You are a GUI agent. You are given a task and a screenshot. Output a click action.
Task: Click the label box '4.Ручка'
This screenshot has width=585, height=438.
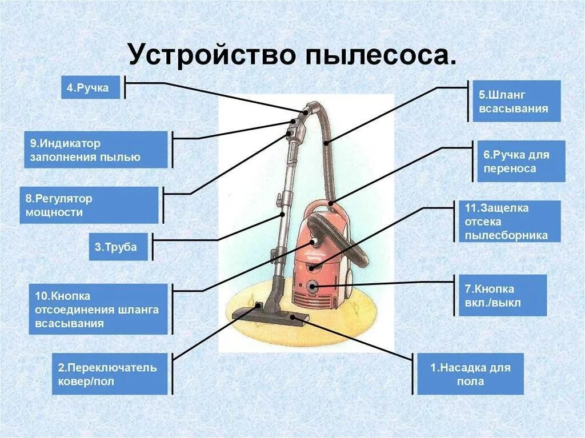coord(90,87)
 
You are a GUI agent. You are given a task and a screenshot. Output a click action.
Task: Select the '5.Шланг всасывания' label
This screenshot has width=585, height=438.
coord(516,101)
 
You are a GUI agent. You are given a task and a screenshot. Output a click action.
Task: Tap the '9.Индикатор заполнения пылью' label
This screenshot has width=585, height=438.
coord(95,150)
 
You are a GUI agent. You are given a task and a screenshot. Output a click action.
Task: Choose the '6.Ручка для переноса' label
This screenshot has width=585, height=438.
coord(520,161)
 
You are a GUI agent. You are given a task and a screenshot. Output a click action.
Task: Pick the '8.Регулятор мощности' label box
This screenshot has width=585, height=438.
coord(89,205)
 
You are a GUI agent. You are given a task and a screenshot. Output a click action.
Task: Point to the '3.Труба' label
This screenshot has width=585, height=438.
coord(118,247)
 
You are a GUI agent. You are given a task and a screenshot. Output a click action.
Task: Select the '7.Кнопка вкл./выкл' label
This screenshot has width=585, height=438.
coord(502,295)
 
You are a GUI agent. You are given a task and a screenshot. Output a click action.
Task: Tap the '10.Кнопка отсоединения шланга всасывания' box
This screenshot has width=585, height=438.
coord(98,309)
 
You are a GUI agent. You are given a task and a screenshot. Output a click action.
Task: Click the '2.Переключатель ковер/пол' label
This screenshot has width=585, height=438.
coord(110,373)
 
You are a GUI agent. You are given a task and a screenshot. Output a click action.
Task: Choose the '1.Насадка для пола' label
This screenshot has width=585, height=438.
coord(470,374)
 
